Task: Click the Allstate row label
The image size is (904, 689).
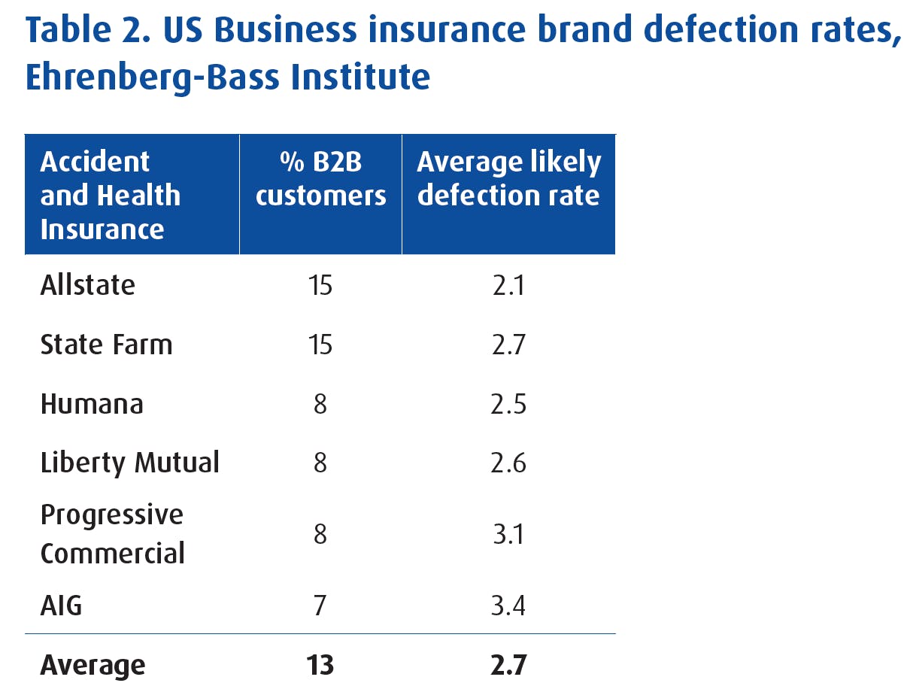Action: click(87, 285)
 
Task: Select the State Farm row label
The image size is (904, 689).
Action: click(106, 344)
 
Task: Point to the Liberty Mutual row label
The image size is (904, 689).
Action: click(129, 463)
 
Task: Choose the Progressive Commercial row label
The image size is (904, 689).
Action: click(112, 534)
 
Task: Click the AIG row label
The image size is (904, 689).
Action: click(61, 605)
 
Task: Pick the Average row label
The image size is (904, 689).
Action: click(93, 665)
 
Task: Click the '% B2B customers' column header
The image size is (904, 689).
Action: click(320, 179)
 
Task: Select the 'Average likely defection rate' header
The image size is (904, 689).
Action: click(508, 179)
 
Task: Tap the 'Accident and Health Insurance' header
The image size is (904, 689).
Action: click(110, 195)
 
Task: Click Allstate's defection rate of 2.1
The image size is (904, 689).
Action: click(508, 286)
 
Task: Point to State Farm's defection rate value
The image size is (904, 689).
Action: click(508, 345)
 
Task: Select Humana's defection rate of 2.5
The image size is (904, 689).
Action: click(508, 404)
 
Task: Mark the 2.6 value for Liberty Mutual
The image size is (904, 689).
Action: click(508, 463)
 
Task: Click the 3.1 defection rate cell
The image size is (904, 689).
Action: click(508, 534)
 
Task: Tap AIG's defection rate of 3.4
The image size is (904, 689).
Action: click(508, 605)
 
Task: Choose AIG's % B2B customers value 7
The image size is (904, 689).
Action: click(320, 605)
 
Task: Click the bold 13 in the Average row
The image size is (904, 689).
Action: click(320, 665)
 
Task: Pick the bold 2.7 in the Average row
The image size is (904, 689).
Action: click(508, 665)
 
